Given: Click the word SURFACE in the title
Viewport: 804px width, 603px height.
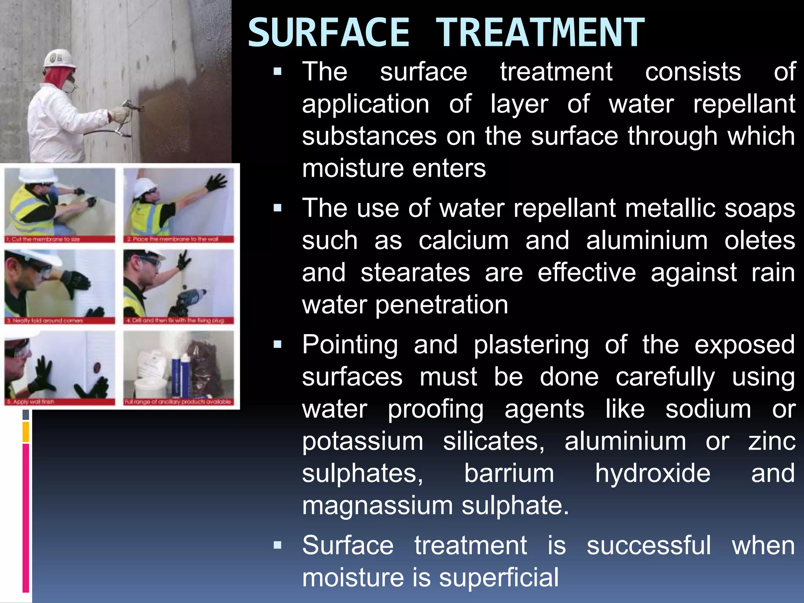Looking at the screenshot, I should pyautogui.click(x=329, y=33).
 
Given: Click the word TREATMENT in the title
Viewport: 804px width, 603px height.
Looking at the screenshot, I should pyautogui.click(x=540, y=33).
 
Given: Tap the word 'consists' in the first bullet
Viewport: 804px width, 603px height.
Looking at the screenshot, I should pyautogui.click(x=693, y=72).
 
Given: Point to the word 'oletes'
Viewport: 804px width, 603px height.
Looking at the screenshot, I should pyautogui.click(x=760, y=241).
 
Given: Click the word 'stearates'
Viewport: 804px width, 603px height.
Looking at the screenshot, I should pyautogui.click(x=415, y=273).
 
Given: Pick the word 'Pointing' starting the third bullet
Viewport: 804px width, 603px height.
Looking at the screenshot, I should pyautogui.click(x=350, y=345).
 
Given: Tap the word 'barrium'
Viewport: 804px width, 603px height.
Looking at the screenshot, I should pyautogui.click(x=509, y=473).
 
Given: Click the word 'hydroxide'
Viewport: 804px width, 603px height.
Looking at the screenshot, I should pyautogui.click(x=652, y=473).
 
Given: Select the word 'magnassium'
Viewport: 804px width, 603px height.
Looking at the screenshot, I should pyautogui.click(x=377, y=506).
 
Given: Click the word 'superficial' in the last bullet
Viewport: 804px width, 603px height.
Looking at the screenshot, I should pyautogui.click(x=499, y=578).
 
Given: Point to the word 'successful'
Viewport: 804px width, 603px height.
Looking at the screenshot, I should pyautogui.click(x=649, y=546).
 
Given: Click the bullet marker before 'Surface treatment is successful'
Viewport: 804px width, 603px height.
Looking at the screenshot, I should pyautogui.click(x=278, y=545).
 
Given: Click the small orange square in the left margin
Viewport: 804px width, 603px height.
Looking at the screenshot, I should pyautogui.click(x=26, y=432).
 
